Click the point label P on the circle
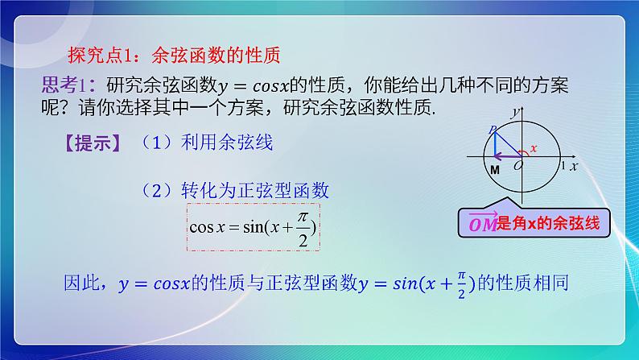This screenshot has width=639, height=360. (491, 128)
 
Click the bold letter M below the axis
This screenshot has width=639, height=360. (494, 170)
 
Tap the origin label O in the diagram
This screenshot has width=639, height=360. (517, 164)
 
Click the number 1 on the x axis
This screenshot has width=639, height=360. (563, 164)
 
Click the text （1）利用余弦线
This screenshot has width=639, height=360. (205, 143)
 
